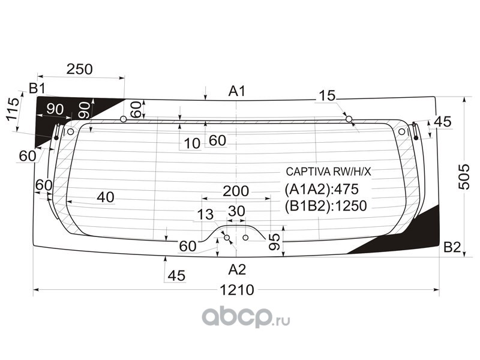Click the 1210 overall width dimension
pyautogui.click(x=237, y=290)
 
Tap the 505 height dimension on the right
pyautogui.click(x=464, y=176)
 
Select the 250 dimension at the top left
pyautogui.click(x=80, y=69)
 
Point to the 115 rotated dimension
pyautogui.click(x=13, y=109)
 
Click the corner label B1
pyautogui.click(x=37, y=88)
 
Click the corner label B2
pyautogui.click(x=452, y=247)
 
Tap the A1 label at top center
pyautogui.click(x=237, y=91)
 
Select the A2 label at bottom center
pyautogui.click(x=237, y=269)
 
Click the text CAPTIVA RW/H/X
pyautogui.click(x=328, y=172)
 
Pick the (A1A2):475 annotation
pyautogui.click(x=322, y=189)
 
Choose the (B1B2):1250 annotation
pyautogui.click(x=326, y=206)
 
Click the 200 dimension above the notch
pyautogui.click(x=236, y=191)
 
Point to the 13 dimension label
pyautogui.click(x=205, y=214)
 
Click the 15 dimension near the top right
pyautogui.click(x=327, y=96)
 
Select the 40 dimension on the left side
pyautogui.click(x=106, y=197)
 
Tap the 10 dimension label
pyautogui.click(x=192, y=143)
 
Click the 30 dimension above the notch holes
pyautogui.click(x=236, y=211)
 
